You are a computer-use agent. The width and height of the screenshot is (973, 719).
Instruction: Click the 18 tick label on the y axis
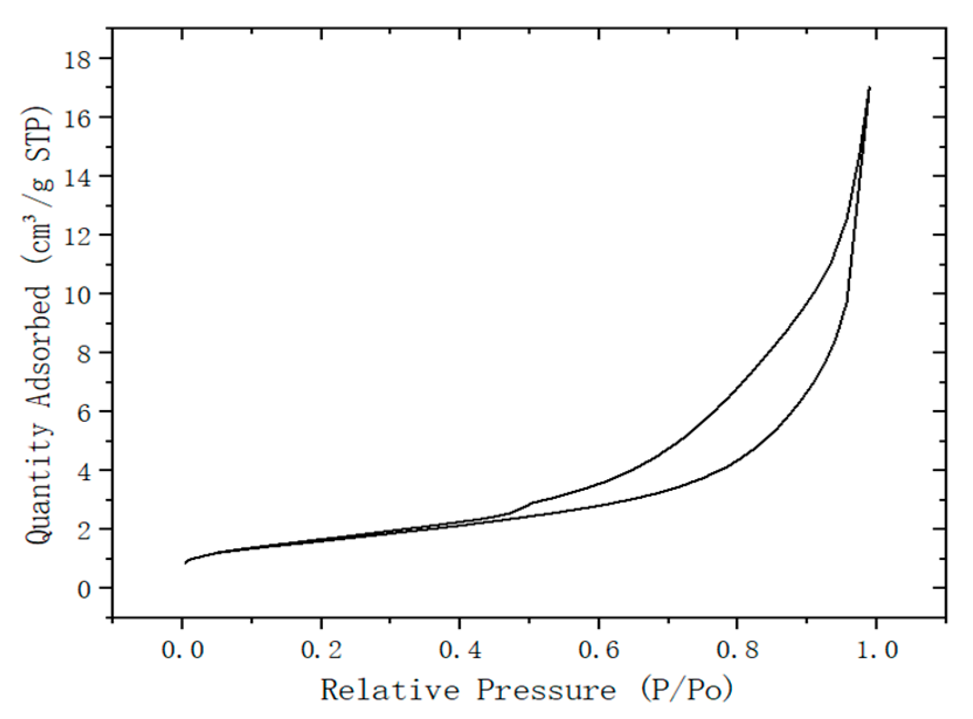pos(78,59)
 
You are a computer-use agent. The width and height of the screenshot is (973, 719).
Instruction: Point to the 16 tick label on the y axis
pos(78,117)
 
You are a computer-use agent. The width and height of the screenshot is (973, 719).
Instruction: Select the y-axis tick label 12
pos(78,235)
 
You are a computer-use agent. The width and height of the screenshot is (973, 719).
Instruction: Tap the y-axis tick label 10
pos(78,293)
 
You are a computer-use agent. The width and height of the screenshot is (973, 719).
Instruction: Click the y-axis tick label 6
pos(84,411)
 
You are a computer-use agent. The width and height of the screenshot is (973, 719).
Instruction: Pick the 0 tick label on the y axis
pos(84,588)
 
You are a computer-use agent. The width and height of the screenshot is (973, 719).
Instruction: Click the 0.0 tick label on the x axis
pos(183,649)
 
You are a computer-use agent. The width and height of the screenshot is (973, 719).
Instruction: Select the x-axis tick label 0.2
pos(321,649)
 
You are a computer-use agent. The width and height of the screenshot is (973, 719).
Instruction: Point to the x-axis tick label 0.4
pos(459,649)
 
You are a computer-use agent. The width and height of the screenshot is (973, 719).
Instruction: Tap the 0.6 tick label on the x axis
pos(599,649)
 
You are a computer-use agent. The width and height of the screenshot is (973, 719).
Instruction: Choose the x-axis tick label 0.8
pos(737,649)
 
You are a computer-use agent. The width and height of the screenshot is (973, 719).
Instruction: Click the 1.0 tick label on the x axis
pos(876,649)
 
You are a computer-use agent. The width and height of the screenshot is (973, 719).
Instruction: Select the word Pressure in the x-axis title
pos(546,690)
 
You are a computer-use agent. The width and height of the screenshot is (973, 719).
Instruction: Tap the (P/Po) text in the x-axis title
pos(687,690)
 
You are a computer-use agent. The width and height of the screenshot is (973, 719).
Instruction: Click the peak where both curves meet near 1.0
pos(869,88)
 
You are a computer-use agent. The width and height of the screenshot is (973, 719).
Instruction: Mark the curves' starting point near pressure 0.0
pos(185,563)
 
